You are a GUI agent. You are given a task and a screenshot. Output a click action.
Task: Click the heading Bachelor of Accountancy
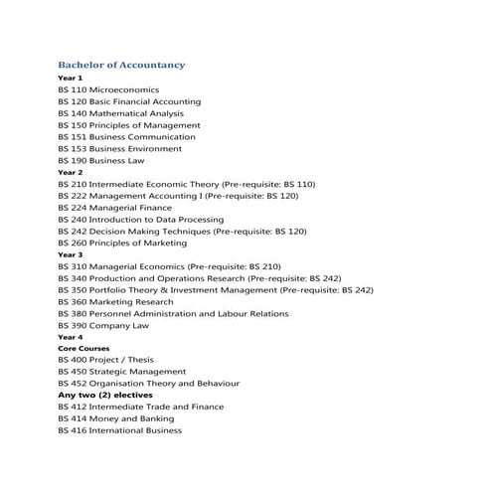pos(121,65)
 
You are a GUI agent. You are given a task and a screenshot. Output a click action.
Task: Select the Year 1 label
pos(71,78)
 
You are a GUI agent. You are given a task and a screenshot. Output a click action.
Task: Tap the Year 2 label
pos(71,172)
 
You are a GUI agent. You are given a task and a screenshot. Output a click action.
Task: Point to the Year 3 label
pos(71,254)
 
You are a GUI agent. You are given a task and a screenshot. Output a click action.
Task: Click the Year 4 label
pos(71,337)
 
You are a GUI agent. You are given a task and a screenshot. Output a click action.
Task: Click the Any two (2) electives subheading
pos(112,396)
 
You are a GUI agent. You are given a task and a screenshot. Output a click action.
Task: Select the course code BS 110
pos(72,89)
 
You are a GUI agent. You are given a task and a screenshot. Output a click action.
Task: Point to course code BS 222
pos(72,196)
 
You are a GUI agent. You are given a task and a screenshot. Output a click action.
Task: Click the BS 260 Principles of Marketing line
pos(122,243)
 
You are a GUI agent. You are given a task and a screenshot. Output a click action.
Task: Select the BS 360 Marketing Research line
pos(115,301)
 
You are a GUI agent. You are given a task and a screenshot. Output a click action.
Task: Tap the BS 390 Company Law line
pos(103,325)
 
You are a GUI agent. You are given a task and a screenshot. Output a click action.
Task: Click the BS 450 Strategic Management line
pos(122,372)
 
